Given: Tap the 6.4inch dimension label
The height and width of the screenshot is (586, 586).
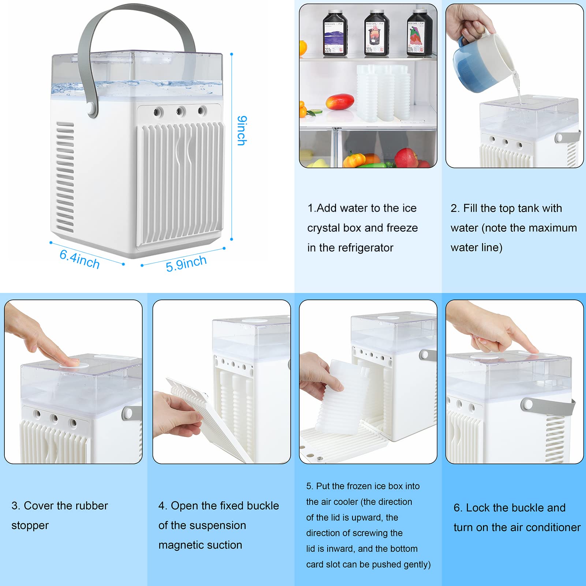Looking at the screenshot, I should pos(79,259).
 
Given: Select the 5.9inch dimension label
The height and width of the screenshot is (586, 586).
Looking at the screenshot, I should pos(186,264).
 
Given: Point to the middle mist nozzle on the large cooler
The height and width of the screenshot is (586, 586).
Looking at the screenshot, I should pos(180,111).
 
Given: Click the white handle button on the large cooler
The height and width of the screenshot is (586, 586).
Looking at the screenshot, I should pos(92,108).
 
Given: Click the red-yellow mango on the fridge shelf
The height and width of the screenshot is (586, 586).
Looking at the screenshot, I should pos(340,101).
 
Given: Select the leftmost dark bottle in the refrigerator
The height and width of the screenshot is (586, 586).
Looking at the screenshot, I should pos(335,34).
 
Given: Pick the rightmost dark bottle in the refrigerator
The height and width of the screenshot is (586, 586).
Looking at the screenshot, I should pos(419,34).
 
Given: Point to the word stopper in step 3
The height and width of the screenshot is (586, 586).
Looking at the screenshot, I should pos(30,526).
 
